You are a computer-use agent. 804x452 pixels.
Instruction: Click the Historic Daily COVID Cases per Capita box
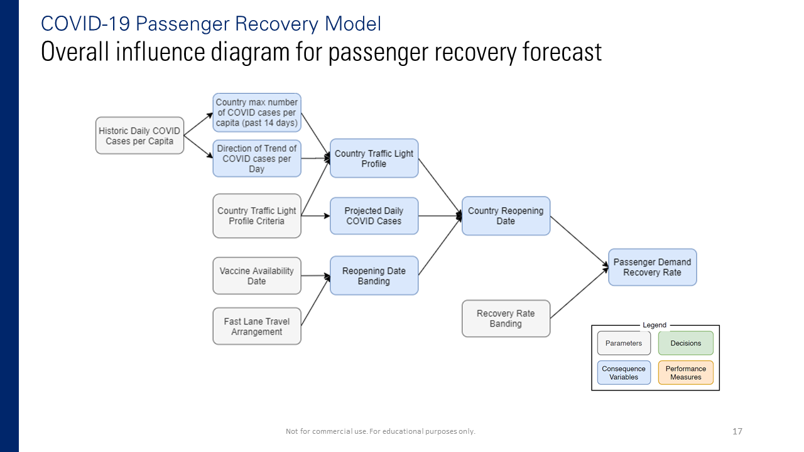point(139,136)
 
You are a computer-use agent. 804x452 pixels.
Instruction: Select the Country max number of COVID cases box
point(257,112)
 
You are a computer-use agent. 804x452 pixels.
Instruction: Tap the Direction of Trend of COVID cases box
point(257,158)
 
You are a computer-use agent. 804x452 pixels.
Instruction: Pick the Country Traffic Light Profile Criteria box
point(257,216)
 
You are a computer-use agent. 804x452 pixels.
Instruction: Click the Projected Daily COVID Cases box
point(374,216)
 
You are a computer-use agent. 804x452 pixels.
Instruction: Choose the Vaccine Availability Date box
point(257,276)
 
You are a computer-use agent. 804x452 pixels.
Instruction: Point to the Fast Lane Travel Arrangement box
point(257,326)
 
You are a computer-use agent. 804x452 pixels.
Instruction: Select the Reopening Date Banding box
point(374,276)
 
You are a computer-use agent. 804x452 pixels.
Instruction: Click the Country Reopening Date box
point(506,216)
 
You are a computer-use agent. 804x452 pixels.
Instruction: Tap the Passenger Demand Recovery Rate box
point(652,267)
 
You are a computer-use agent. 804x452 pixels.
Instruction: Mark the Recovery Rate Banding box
point(506,318)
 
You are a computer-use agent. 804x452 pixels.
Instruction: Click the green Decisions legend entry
point(685,343)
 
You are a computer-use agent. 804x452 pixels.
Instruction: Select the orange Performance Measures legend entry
point(685,373)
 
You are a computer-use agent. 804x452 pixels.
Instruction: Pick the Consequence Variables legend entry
point(624,373)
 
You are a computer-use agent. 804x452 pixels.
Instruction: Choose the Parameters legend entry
point(624,343)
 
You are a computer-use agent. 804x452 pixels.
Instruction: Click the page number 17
point(737,431)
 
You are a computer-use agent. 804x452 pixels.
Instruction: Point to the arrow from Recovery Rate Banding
point(579,293)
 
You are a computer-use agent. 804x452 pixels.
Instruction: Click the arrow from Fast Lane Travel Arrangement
point(315,301)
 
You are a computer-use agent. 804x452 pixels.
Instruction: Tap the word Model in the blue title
point(352,24)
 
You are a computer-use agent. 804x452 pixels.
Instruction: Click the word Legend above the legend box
point(655,325)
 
